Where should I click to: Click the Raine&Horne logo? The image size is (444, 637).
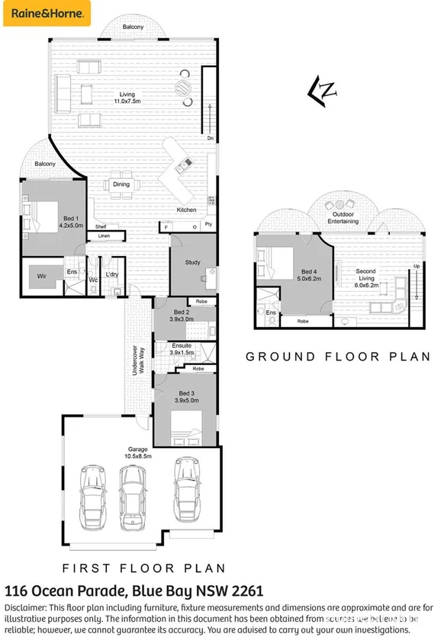pyautogui.click(x=47, y=13)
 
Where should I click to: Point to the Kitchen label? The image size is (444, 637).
pyautogui.click(x=187, y=210)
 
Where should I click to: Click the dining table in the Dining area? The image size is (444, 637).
pyautogui.click(x=121, y=184)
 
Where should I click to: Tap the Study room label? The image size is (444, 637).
pyautogui.click(x=192, y=263)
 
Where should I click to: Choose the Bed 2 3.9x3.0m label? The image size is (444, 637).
pyautogui.click(x=182, y=316)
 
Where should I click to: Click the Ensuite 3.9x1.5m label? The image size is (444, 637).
pyautogui.click(x=182, y=349)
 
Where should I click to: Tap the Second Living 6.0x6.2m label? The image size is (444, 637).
pyautogui.click(x=365, y=275)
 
